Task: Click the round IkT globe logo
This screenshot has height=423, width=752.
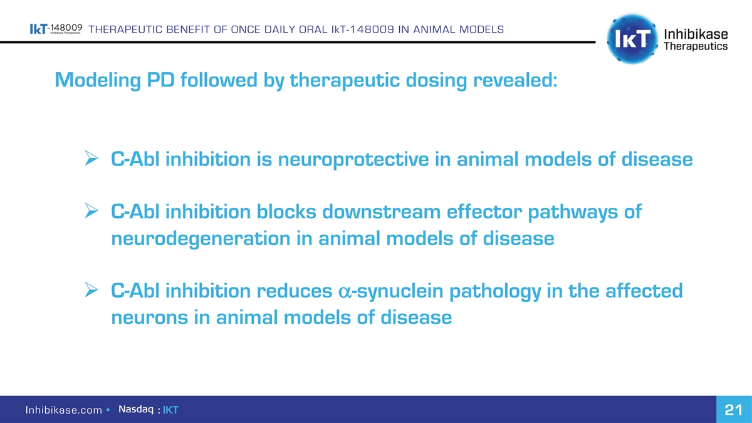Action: click(632, 39)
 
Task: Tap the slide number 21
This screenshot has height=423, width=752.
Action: click(734, 410)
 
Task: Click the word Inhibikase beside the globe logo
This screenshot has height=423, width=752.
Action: click(696, 34)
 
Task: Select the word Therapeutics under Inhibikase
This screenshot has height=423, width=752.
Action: click(696, 46)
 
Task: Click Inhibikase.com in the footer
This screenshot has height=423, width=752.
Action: click(64, 410)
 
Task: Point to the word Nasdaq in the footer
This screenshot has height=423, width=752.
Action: click(136, 409)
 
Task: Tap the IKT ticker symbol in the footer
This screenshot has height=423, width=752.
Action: click(170, 410)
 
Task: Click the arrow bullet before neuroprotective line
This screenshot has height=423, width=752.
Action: click(91, 158)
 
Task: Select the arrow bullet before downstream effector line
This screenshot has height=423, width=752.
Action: click(91, 211)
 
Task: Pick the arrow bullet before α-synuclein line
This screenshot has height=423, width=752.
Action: click(91, 290)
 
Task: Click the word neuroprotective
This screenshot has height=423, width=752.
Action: click(353, 159)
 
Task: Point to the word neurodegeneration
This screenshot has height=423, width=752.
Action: click(201, 239)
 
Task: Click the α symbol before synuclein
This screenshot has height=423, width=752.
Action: click(345, 291)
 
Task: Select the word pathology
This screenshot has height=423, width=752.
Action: click(495, 291)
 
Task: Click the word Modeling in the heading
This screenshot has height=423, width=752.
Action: click(98, 81)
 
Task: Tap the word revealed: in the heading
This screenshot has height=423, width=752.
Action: click(515, 80)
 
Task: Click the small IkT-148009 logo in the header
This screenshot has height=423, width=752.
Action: click(56, 29)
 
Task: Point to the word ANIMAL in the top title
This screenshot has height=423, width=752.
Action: click(434, 29)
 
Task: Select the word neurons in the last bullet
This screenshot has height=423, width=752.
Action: click(149, 318)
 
